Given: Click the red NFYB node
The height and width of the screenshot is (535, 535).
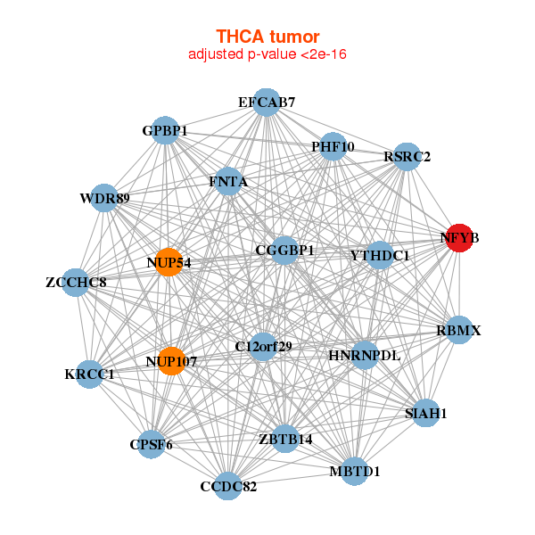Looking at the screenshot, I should point(459,238).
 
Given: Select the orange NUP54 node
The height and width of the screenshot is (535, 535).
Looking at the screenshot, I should point(169,262).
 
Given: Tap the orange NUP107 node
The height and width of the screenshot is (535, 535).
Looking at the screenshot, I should point(170,362).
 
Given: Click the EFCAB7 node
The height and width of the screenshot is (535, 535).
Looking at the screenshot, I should point(267,103).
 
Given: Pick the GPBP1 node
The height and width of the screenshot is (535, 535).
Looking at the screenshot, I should point(165,131).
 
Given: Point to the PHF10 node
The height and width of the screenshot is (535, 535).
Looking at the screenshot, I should point(333,146).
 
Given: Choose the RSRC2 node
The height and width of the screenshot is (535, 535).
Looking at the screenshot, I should point(407,157).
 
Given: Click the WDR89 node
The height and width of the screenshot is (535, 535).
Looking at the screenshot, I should point(105,197).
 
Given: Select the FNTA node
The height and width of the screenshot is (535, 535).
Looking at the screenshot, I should point(228,182).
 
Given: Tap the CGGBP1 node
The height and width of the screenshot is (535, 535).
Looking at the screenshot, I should point(284,251).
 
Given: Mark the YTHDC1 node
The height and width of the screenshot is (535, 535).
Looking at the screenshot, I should point(380,256).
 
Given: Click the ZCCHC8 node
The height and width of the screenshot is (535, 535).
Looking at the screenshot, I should point(77,283).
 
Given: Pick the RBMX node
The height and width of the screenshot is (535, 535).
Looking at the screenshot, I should point(458,330).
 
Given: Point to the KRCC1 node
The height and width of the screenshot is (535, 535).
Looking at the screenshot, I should point(90,374).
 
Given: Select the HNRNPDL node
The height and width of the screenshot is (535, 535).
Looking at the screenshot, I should point(365,355).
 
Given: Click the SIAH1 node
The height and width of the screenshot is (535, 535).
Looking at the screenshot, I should point(425,413).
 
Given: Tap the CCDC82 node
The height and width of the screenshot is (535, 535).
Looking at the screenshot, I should point(228,486).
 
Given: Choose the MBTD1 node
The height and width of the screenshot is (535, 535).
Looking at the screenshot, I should point(354,470).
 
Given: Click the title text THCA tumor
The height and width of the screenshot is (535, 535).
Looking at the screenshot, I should point(267,37).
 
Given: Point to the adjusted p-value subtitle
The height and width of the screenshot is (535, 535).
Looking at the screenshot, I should point(267,54).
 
